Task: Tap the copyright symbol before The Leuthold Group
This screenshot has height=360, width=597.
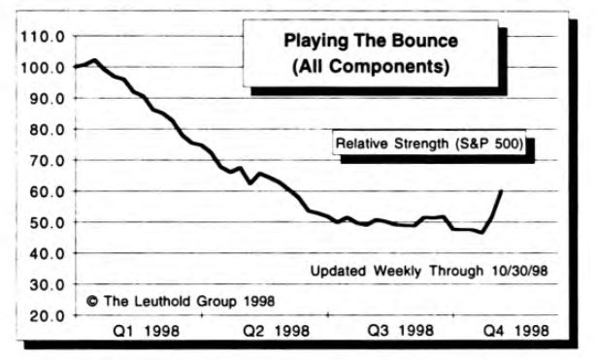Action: point(93,301)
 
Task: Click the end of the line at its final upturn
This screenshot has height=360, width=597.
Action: point(501,190)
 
